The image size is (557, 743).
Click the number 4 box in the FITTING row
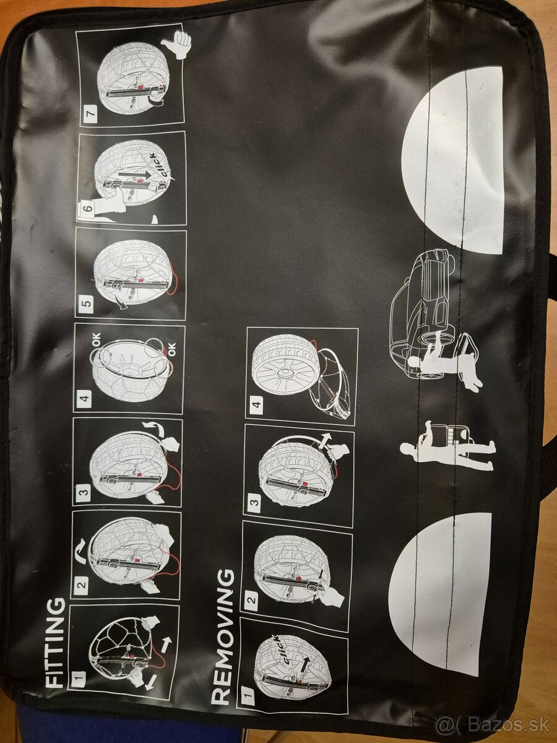(85, 397)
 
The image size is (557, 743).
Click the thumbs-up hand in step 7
(177, 45)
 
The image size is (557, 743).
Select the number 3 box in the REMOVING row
(256, 500)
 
